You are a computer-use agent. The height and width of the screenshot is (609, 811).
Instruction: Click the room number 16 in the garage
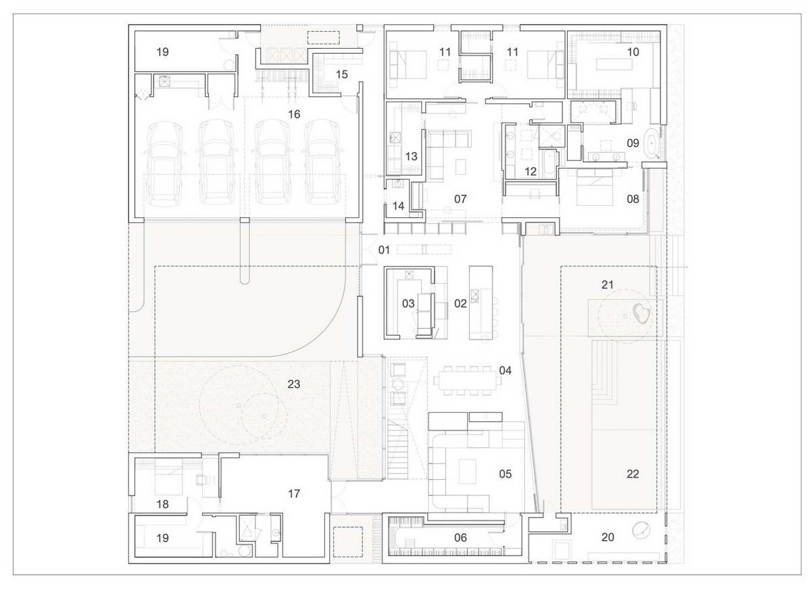[294, 114]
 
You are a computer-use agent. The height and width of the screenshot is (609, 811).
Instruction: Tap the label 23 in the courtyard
[294, 384]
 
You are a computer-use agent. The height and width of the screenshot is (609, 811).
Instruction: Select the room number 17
[294, 494]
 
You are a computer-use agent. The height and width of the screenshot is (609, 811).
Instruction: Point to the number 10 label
[633, 52]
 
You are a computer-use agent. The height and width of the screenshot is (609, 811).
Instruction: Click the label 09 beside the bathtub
[633, 143]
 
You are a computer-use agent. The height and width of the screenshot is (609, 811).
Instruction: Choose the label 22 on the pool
[633, 474]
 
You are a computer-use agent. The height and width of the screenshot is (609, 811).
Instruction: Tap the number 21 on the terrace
[608, 284]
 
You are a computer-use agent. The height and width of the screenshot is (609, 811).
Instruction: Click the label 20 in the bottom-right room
[608, 537]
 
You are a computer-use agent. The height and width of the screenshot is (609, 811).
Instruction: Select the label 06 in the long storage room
[460, 537]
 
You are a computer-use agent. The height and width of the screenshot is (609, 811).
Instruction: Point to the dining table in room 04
[466, 381]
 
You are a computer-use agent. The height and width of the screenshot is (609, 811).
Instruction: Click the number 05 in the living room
[506, 474]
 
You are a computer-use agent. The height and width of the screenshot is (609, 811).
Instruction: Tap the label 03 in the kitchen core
[408, 304]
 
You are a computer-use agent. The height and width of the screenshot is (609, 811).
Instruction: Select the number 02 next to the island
[460, 304]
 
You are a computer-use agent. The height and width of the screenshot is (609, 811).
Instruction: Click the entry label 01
[385, 250]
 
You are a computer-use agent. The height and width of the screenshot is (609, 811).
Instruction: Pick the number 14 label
[398, 206]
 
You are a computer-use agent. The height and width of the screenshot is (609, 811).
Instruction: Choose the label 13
[411, 157]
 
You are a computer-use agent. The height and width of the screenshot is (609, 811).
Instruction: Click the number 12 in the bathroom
[531, 172]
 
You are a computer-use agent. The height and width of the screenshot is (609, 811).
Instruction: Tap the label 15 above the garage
[342, 74]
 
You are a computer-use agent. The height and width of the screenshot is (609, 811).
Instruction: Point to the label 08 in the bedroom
[633, 200]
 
